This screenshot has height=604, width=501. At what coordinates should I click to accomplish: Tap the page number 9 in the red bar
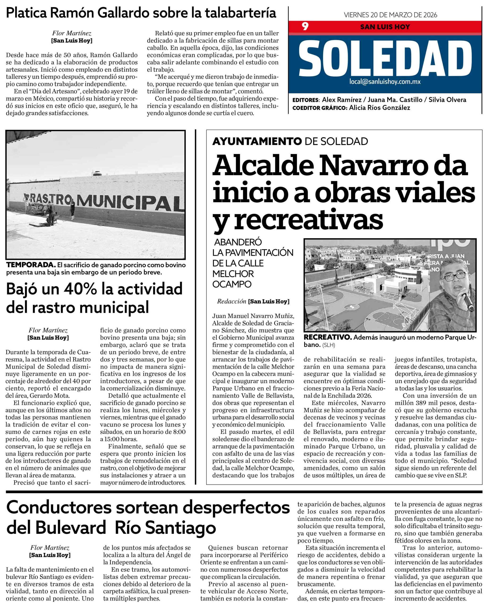click(x=305, y=26)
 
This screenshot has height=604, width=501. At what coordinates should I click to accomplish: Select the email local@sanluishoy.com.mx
click(x=385, y=82)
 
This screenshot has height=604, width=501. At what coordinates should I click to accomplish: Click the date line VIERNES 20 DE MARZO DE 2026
click(x=390, y=15)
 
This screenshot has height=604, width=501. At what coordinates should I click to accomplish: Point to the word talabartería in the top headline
click(x=240, y=13)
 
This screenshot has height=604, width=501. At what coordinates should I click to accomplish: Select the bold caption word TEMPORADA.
click(x=31, y=265)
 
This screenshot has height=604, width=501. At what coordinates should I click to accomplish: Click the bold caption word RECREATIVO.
click(x=327, y=337)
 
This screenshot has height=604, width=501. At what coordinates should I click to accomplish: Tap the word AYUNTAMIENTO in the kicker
click(x=257, y=141)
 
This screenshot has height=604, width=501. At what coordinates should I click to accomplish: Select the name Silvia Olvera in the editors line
click(x=447, y=100)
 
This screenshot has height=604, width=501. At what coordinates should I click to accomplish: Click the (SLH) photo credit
click(x=329, y=345)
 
